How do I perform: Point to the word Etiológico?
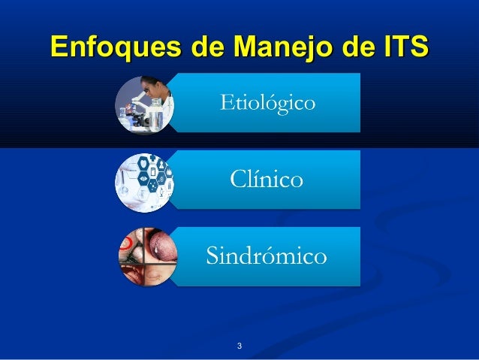267,102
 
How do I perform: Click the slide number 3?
239,346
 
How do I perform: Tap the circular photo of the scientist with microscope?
144,104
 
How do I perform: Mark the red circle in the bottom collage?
132,245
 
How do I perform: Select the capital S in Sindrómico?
212,256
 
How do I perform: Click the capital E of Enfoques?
59,45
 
